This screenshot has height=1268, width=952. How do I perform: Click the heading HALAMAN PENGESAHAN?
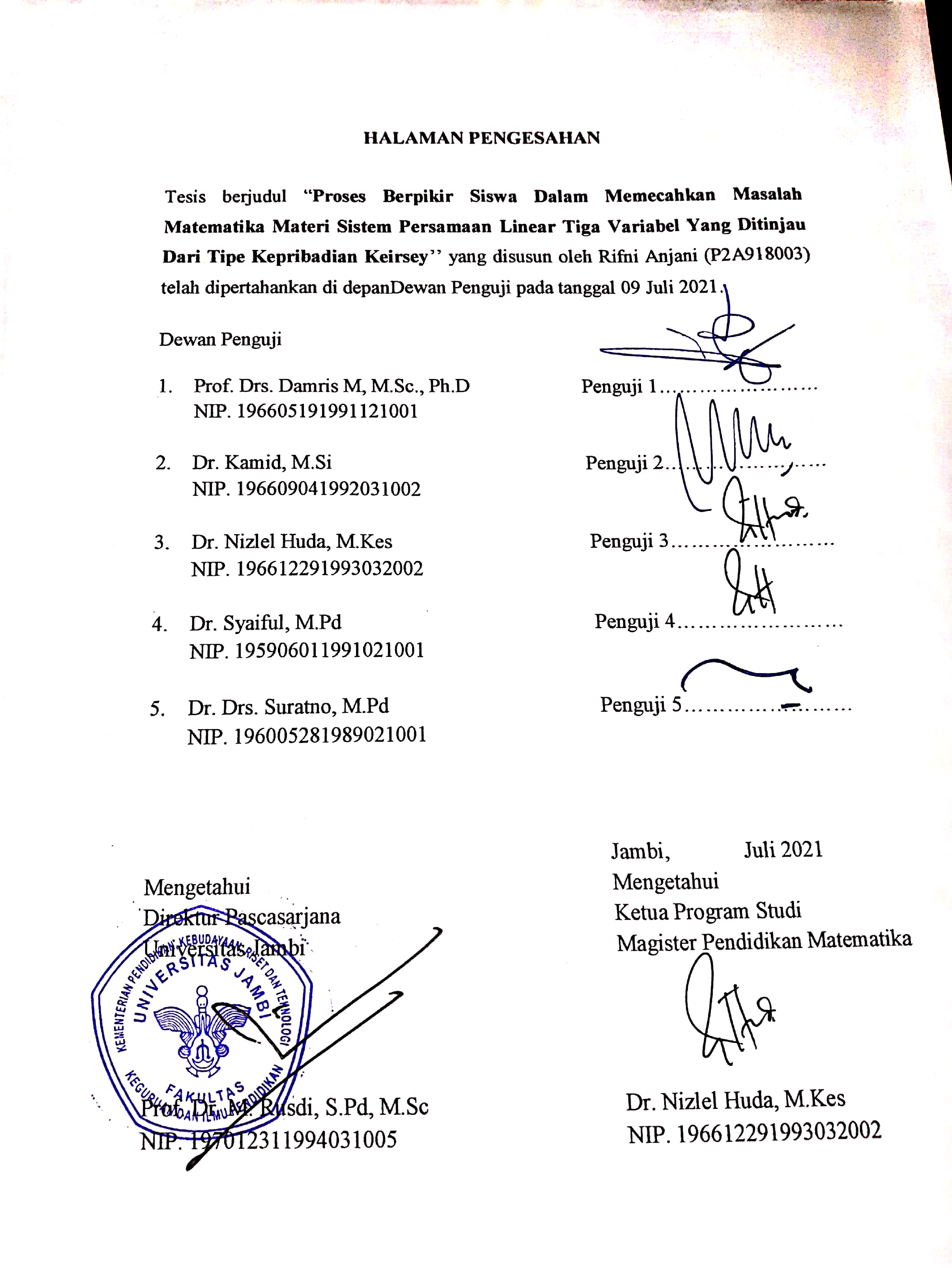482,138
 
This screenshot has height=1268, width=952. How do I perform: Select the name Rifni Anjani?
648,256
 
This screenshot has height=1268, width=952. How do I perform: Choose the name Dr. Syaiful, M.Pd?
265,623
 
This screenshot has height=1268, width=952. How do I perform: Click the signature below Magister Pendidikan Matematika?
728,1013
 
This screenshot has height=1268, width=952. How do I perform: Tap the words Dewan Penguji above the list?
220,340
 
